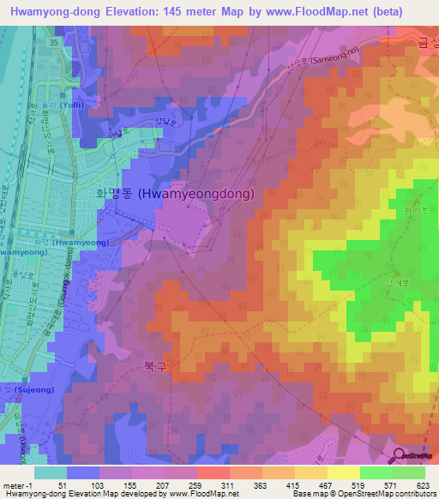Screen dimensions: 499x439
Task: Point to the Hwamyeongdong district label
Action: click(174, 195)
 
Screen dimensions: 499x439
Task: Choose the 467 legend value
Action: click(323, 484)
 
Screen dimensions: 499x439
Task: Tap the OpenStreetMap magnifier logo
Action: click(399, 455)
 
